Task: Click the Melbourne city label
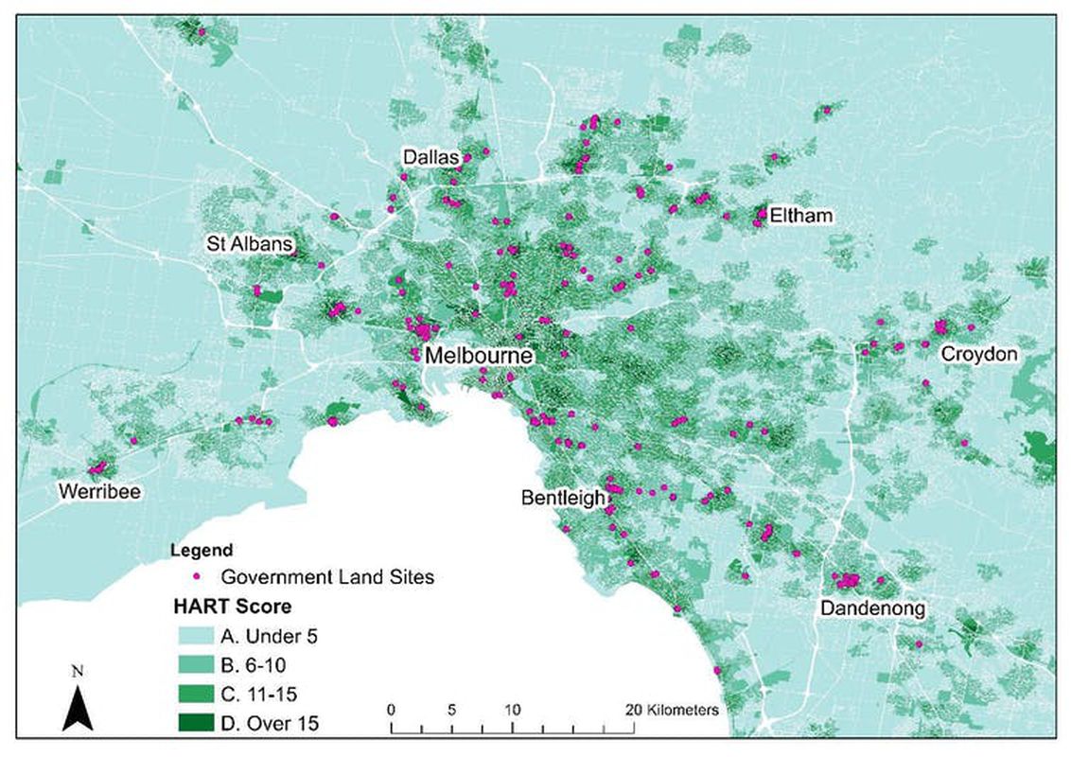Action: [x=479, y=357]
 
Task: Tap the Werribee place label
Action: [x=94, y=490]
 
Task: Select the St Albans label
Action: [x=251, y=245]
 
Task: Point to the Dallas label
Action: [x=430, y=156]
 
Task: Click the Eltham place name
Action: [x=800, y=216]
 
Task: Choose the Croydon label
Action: [x=978, y=354]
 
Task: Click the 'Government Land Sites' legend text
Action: [x=326, y=576]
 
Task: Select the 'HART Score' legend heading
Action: [x=232, y=606]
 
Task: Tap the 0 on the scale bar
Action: [x=392, y=709]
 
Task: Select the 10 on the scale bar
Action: [x=512, y=709]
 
